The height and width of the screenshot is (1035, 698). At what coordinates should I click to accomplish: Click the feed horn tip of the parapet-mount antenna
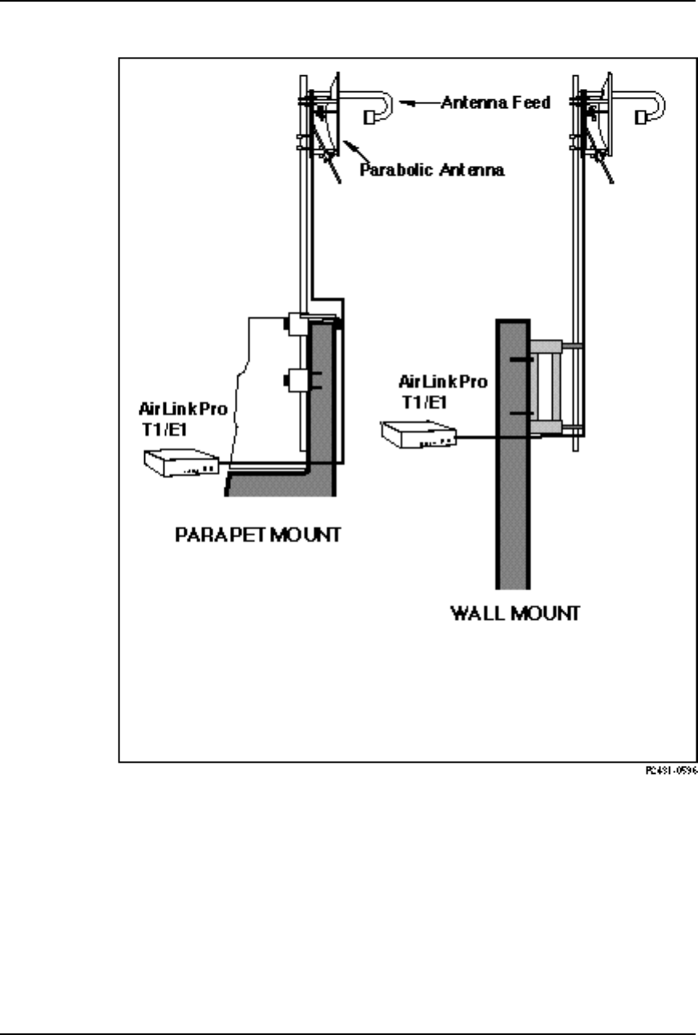370,118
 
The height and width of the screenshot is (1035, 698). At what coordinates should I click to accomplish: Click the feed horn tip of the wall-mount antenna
643,118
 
